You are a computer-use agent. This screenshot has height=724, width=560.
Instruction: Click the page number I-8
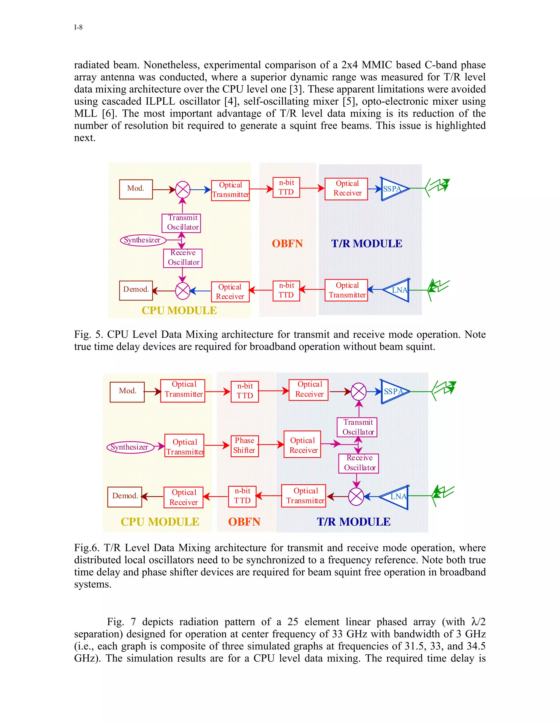78,27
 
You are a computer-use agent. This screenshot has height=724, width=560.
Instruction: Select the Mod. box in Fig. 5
136,189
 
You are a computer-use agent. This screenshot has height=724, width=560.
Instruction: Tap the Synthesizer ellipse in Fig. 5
143,240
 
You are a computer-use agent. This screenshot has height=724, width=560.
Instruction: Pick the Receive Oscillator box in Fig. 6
359,463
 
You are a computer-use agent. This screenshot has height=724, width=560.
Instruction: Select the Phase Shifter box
244,446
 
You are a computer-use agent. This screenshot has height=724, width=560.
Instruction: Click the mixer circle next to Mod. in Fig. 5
182,190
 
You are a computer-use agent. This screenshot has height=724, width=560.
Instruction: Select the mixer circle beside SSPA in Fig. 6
359,392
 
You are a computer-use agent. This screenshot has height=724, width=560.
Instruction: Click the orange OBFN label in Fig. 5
287,244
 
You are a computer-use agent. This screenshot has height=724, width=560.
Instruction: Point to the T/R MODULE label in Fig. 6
354,522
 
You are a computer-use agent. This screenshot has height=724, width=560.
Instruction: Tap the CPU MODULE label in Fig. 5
179,311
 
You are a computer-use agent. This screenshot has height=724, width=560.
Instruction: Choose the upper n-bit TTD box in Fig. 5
286,187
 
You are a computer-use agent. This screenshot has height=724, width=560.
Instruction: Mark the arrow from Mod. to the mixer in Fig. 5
164,190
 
